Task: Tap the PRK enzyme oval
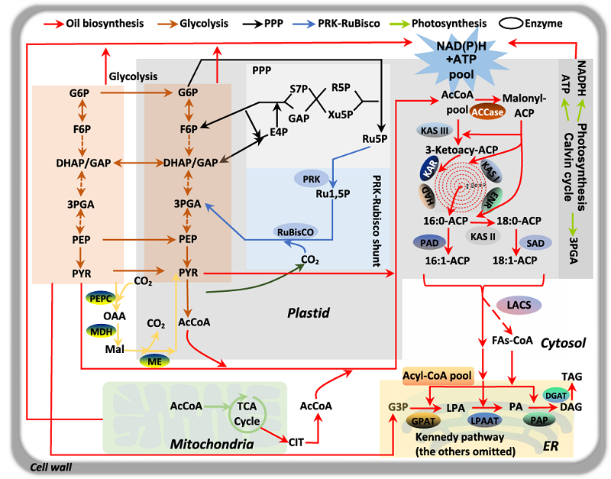[x=311, y=179]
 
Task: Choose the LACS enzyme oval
[x=520, y=304]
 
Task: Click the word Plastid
[x=308, y=312]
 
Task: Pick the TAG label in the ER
[x=571, y=376]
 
